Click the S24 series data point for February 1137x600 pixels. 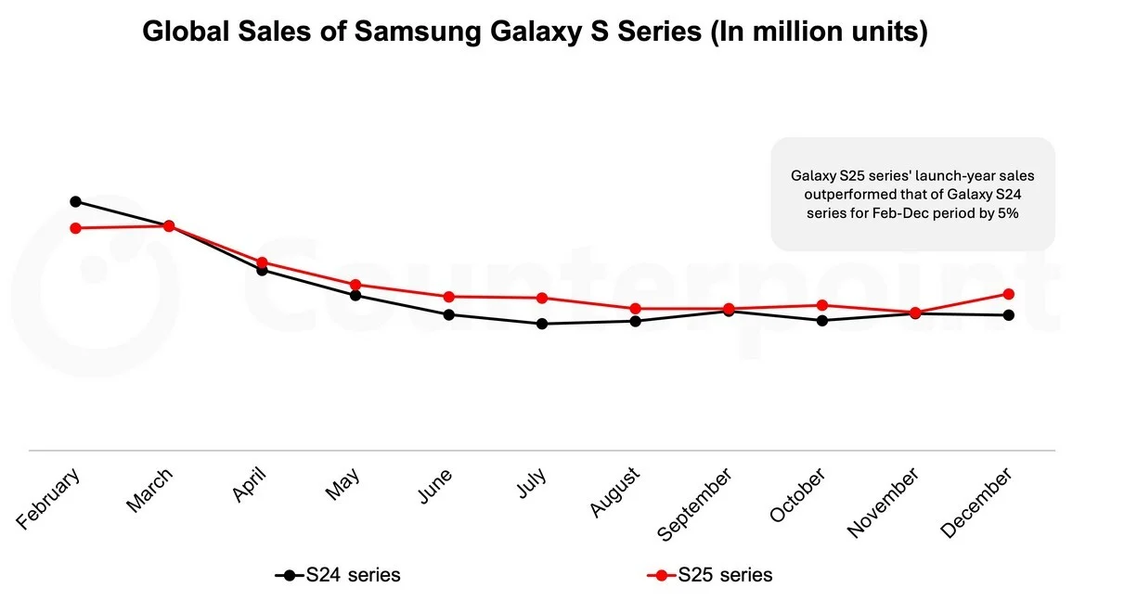point(75,201)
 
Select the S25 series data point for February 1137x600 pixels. point(75,228)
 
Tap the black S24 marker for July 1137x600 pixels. point(542,324)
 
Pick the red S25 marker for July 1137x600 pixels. point(542,298)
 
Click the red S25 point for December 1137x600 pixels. point(1009,294)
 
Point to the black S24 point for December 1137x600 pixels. point(1009,315)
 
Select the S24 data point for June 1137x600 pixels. point(449,314)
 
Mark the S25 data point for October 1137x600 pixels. point(822,305)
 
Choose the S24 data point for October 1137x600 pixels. point(822,321)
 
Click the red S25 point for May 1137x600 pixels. point(355,285)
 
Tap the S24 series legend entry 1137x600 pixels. point(339,575)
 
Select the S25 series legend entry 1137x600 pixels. point(710,575)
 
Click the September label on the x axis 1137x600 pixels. point(695,504)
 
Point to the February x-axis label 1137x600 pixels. point(49,499)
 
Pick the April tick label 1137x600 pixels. point(249,484)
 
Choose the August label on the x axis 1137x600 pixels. point(615,492)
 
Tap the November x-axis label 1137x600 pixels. point(884,502)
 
